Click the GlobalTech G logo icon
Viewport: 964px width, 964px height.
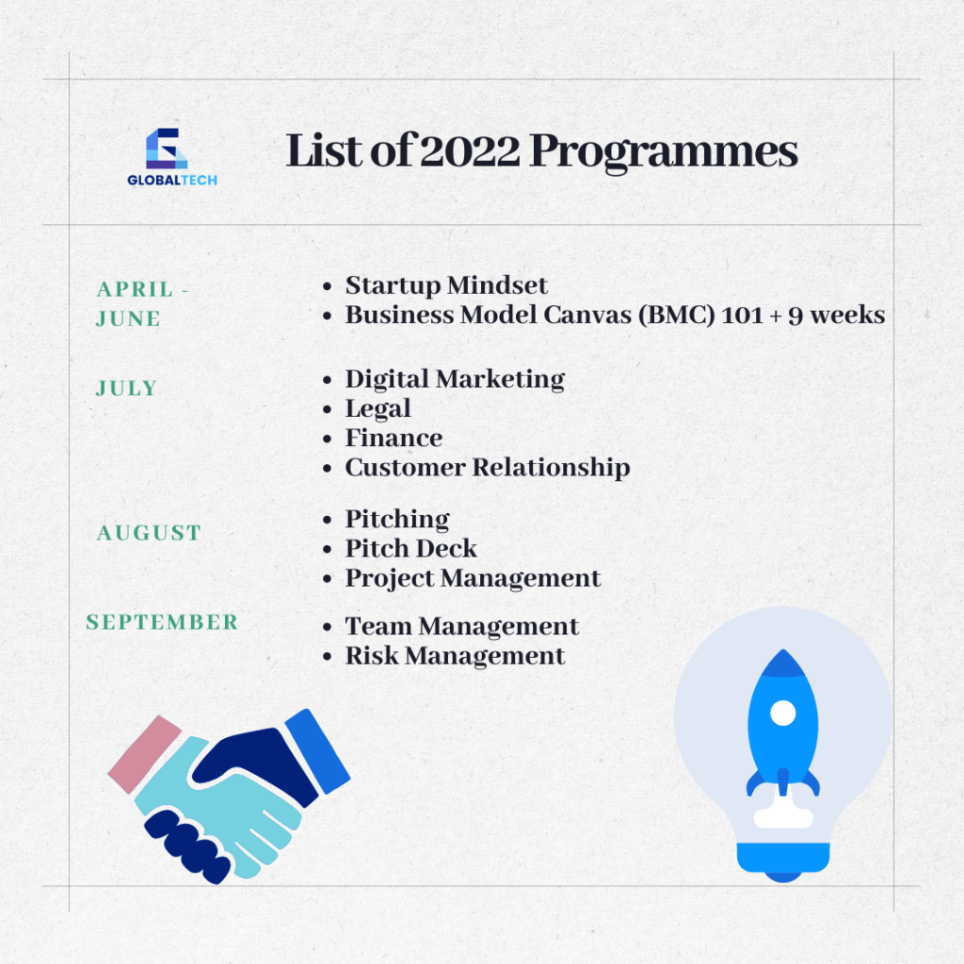[x=166, y=148]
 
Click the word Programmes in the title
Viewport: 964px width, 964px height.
[x=664, y=153]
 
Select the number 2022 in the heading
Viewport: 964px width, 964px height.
[x=471, y=151]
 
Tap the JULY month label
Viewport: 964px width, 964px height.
[x=127, y=389]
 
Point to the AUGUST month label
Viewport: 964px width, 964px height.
[x=149, y=533]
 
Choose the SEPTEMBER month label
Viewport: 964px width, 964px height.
[x=162, y=622]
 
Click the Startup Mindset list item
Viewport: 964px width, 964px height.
[x=446, y=285]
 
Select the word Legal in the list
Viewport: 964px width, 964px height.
[x=378, y=409]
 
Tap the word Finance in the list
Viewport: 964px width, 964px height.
[x=394, y=438]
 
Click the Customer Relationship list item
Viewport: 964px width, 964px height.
[x=488, y=468]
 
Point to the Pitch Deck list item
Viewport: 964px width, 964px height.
[x=410, y=549]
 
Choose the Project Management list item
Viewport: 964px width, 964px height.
[x=473, y=579]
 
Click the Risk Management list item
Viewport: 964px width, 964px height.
[x=455, y=656]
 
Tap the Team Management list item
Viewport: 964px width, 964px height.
[x=461, y=626]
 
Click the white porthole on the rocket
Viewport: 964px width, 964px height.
[x=783, y=714]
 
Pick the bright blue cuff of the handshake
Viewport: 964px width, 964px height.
[x=318, y=751]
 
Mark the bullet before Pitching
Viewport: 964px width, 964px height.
[x=327, y=520]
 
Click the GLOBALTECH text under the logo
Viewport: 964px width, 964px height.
[x=172, y=180]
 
